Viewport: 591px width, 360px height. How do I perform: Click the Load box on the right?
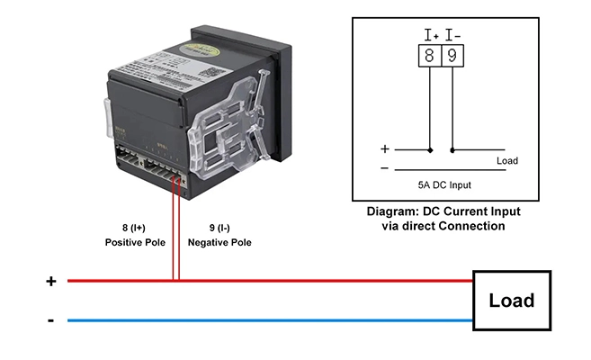tap(511, 301)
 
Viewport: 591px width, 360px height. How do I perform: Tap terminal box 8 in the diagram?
tap(431, 57)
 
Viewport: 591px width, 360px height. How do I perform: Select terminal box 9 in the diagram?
tap(452, 57)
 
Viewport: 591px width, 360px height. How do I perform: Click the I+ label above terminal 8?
tap(431, 35)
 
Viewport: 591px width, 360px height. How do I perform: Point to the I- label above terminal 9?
tap(453, 35)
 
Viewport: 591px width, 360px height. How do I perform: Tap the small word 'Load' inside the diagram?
tap(506, 161)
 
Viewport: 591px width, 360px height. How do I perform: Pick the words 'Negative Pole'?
tap(219, 243)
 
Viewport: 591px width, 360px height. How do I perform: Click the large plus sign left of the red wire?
tap(51, 281)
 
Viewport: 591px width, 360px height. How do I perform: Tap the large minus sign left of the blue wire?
tap(51, 320)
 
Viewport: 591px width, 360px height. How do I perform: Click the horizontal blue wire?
tap(270, 319)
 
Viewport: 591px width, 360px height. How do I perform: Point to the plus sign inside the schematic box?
tap(385, 149)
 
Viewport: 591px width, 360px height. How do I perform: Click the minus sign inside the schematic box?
tap(385, 168)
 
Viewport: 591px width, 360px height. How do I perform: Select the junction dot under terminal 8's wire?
tap(431, 150)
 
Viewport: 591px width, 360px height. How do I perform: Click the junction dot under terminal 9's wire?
tap(452, 150)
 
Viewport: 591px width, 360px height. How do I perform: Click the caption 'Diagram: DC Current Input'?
tap(443, 212)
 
